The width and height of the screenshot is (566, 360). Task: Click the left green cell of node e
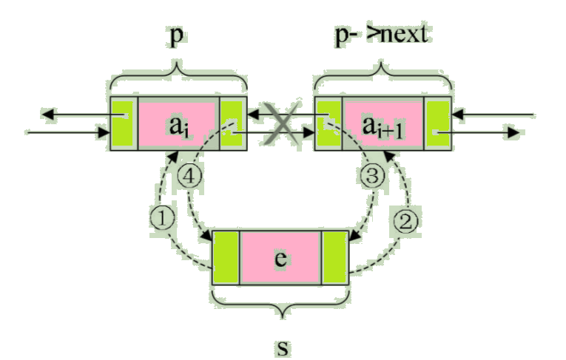225,257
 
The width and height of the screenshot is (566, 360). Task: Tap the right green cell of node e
334,257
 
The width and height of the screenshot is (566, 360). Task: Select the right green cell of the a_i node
232,123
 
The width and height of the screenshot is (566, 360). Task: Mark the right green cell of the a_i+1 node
439,123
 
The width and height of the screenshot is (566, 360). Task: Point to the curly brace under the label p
178,76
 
